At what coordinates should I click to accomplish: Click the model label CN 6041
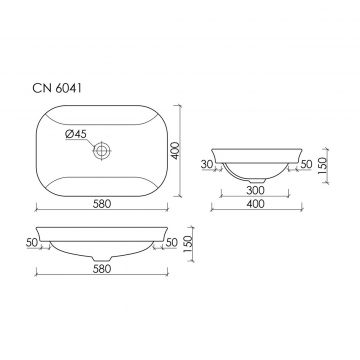point(57,89)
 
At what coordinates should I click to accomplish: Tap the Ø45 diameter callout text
point(76,134)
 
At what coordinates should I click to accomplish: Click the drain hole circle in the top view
point(102,151)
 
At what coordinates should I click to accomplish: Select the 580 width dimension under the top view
point(102,204)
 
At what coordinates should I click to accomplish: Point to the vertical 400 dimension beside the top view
point(175,151)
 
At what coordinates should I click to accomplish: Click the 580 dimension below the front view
point(102,269)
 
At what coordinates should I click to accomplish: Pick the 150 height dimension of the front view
point(188,244)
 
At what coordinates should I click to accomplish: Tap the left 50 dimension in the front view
point(32,243)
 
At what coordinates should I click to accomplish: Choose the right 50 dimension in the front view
point(171,243)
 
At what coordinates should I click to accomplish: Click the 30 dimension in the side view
point(207,164)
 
